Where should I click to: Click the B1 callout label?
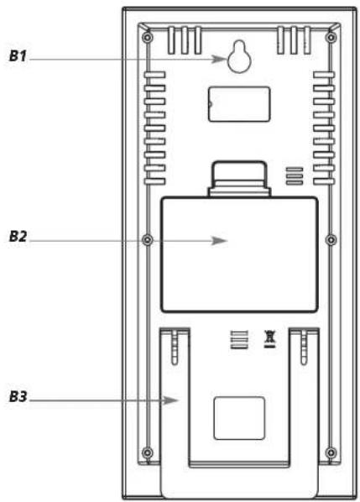18,56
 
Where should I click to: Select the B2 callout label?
18,237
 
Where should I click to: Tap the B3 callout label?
18,397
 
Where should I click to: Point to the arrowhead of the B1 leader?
220,59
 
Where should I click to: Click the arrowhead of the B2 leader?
220,240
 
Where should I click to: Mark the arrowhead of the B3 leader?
170,400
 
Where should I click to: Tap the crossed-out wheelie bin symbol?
269,339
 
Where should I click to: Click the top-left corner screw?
147,38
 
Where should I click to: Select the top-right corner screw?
331,38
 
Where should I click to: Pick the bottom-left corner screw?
147,452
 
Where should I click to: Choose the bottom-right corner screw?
331,452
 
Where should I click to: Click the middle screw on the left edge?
147,239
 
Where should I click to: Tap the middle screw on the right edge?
331,239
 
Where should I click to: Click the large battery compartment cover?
239,254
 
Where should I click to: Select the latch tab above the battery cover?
239,179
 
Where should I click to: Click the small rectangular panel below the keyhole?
238,104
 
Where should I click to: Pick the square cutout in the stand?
239,418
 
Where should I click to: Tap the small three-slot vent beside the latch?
294,175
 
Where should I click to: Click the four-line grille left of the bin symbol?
239,339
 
